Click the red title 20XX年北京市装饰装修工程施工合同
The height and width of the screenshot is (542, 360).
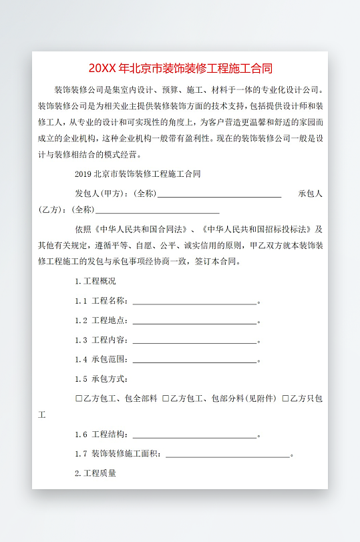click(x=180, y=68)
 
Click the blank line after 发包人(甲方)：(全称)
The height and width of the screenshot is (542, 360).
click(x=219, y=194)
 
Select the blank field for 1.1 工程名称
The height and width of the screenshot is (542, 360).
click(x=194, y=302)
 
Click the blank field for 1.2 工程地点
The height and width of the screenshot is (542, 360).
click(x=194, y=321)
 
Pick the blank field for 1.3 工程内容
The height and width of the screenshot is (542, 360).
click(x=194, y=340)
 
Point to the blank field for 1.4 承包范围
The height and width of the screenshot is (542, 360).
click(x=194, y=360)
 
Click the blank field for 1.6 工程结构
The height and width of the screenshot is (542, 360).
click(x=194, y=435)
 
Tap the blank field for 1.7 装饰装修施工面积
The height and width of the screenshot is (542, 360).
click(x=227, y=455)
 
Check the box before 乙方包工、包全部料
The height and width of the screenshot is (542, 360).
click(x=79, y=398)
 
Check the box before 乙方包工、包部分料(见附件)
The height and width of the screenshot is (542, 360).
click(x=166, y=398)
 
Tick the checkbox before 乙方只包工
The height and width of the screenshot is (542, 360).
click(x=285, y=398)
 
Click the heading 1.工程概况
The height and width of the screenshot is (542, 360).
click(x=96, y=281)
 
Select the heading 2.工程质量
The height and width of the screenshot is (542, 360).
click(x=96, y=473)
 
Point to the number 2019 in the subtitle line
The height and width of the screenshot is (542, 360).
click(x=83, y=174)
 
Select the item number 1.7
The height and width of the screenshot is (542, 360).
click(x=81, y=455)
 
